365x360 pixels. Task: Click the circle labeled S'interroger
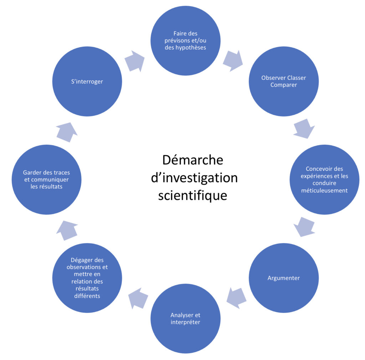87,82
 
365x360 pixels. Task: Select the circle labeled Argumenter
283,278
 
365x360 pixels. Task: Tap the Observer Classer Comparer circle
283,82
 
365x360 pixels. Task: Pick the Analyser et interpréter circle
185,318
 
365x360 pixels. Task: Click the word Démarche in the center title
192,160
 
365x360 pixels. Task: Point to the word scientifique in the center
192,195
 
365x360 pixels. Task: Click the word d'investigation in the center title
194,178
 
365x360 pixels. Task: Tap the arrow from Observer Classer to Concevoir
304,129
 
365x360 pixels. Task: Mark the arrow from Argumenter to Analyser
236,298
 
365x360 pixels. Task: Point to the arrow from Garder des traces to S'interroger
67,132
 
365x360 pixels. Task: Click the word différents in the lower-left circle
87,296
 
